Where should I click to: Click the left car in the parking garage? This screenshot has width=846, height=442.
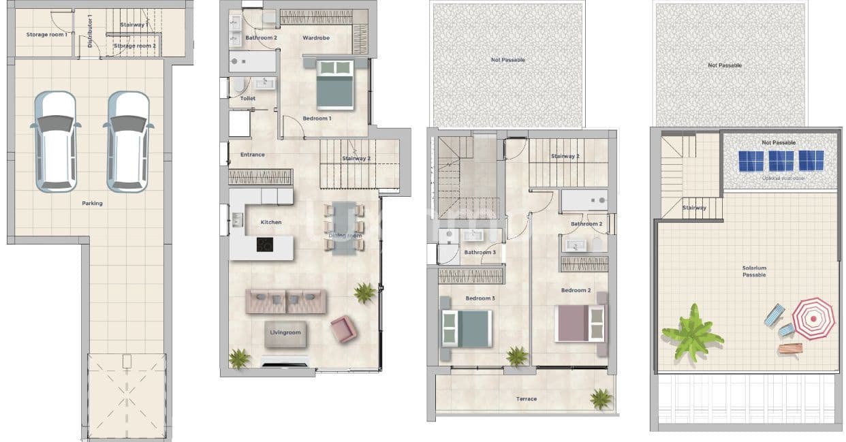[x=55, y=141]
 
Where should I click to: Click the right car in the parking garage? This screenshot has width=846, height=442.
[x=128, y=141]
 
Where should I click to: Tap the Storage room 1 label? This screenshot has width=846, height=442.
[x=46, y=34]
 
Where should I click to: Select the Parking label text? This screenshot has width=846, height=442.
[x=92, y=203]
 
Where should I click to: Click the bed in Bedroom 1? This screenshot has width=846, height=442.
[x=335, y=84]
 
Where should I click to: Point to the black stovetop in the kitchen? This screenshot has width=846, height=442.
[x=265, y=244]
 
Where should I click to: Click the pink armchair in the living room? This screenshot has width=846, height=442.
[x=343, y=329]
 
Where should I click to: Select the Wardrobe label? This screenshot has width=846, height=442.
[x=316, y=38]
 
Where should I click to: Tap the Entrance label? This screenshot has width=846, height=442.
[x=252, y=155]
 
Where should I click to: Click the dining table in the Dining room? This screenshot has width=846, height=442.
[x=343, y=227]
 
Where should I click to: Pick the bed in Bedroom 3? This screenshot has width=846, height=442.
[x=467, y=329]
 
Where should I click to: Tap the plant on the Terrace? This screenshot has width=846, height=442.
[x=601, y=398]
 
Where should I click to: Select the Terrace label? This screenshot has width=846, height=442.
[x=526, y=399]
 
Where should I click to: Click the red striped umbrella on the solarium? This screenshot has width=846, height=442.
[x=813, y=318]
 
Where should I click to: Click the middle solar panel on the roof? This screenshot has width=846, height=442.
[x=781, y=161]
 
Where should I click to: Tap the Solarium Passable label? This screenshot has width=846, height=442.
[x=754, y=271]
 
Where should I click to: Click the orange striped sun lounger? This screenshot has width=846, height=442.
[x=790, y=348]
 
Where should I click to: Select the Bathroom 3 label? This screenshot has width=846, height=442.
[x=480, y=253]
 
